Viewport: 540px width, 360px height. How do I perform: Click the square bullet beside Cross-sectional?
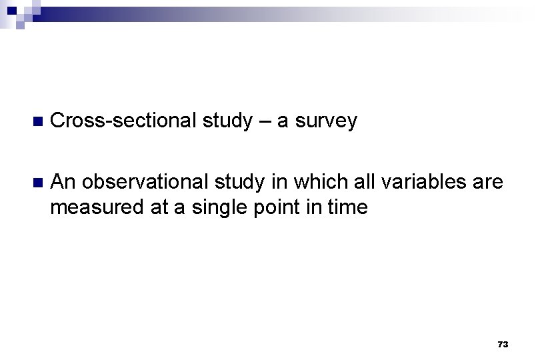[x=37, y=121]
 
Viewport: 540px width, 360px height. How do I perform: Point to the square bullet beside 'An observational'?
[x=37, y=181]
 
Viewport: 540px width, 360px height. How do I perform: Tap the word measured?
[x=91, y=207]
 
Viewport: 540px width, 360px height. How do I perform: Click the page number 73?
[x=503, y=345]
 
